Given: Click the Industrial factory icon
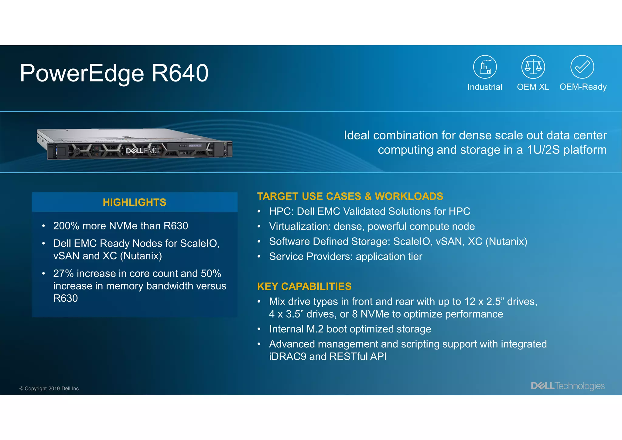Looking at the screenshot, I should click(485, 67).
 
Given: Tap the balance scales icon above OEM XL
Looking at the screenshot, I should click(533, 67).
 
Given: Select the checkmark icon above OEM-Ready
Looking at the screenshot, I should click(582, 67).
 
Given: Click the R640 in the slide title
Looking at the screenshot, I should click(180, 73).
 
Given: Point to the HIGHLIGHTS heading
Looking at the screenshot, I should click(135, 202).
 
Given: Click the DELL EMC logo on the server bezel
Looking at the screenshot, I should click(142, 151).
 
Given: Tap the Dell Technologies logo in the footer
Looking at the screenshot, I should click(568, 386).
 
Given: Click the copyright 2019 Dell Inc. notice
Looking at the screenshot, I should click(50, 389).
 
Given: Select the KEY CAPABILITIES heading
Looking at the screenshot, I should click(304, 287).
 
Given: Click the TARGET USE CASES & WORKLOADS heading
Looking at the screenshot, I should click(350, 196).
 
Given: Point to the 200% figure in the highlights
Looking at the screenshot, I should click(66, 226).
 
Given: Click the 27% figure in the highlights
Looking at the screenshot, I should click(63, 273).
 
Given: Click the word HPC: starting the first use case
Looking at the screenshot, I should click(281, 211).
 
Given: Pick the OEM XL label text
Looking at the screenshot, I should click(533, 87).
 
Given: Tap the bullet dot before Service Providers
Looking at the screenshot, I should click(259, 257).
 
